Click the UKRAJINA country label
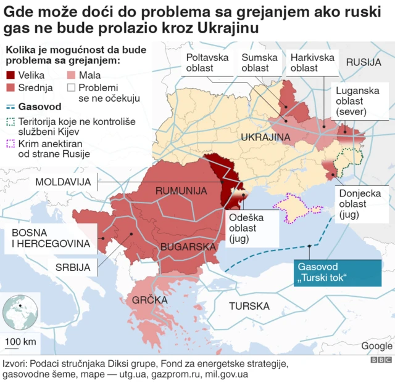click(x=265, y=137)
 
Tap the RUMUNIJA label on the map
click(x=181, y=191)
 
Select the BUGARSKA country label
click(x=187, y=247)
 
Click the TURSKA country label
click(x=249, y=306)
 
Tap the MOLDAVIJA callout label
click(x=63, y=182)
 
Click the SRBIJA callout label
click(x=73, y=267)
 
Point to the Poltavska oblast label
click(x=207, y=63)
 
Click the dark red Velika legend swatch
click(x=10, y=76)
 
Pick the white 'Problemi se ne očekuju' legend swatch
click(x=72, y=87)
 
